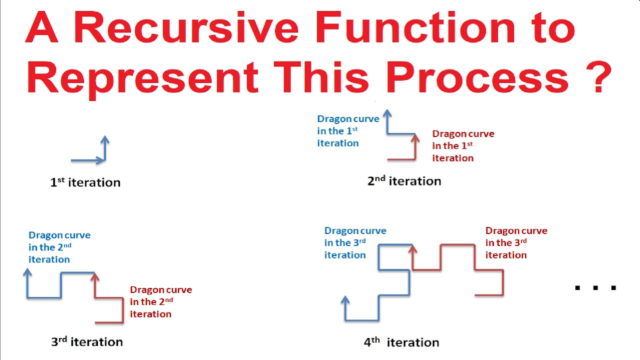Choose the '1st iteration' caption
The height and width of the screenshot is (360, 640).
point(85,182)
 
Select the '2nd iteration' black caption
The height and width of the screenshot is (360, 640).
point(404,181)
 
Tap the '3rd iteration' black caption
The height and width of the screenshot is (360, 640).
point(87,342)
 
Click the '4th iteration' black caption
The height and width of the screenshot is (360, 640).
point(401,342)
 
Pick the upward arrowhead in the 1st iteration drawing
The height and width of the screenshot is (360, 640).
point(104,140)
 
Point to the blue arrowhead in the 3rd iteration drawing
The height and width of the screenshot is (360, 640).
point(27,272)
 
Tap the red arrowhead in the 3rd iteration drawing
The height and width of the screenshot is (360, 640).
point(94,277)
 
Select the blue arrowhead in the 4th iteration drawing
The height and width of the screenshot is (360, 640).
point(345,300)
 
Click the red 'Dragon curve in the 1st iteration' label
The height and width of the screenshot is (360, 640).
point(463,146)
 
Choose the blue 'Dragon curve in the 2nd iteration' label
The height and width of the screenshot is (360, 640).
point(59,247)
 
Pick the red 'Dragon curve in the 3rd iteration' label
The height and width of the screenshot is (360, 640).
point(516,242)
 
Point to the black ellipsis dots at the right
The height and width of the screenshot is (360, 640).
point(596,287)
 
